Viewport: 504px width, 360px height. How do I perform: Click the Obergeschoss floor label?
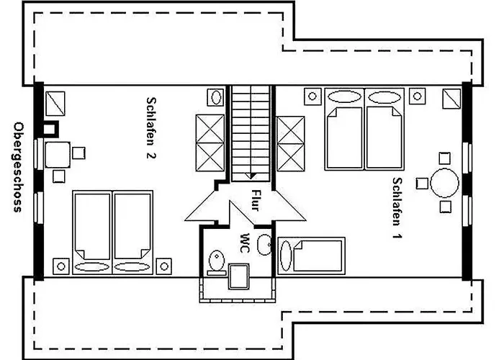point(18,167)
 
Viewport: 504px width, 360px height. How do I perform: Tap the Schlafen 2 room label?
point(150,128)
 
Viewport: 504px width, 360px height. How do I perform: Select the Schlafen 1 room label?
point(397,208)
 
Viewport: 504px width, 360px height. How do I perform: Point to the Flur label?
point(255,200)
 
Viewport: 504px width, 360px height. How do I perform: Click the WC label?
point(245,243)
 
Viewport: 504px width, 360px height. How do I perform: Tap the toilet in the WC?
point(217,262)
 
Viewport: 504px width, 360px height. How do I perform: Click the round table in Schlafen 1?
point(444,183)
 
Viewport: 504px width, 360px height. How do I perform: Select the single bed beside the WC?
point(311,256)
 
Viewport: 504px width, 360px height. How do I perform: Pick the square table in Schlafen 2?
point(58,155)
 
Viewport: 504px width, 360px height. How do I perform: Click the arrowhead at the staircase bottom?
point(251,176)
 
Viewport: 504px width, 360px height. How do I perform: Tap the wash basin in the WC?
point(264,245)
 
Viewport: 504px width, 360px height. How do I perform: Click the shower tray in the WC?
point(238,276)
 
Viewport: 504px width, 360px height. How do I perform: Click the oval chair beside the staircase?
point(216,96)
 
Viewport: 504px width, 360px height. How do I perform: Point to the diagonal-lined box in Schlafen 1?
point(451,99)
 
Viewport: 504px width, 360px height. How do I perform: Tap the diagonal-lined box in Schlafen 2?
point(55,104)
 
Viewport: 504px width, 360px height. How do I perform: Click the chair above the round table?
point(444,158)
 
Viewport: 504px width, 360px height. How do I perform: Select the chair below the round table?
point(446,207)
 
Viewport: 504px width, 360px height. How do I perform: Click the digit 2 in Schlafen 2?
point(150,155)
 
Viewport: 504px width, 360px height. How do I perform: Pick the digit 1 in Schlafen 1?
point(397,235)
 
